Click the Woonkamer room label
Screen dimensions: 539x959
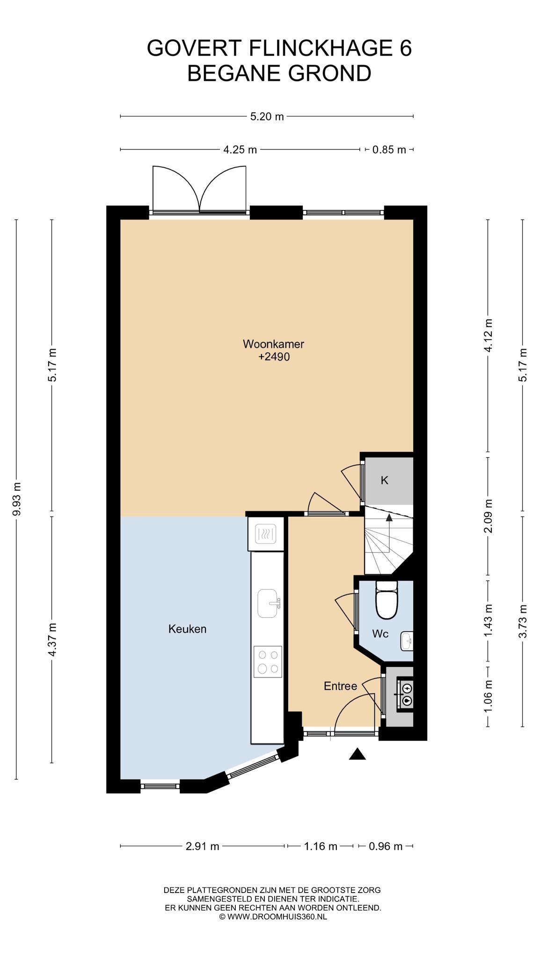(273, 344)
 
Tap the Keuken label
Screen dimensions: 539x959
(187, 629)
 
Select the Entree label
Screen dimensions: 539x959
(340, 686)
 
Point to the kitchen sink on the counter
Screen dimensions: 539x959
(268, 603)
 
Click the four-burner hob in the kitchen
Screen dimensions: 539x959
(268, 661)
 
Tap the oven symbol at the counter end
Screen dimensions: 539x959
(266, 533)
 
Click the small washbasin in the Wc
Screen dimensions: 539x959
(407, 641)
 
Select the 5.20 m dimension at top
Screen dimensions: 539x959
(267, 117)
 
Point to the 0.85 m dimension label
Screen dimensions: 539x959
(389, 150)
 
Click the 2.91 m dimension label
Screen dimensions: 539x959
(203, 846)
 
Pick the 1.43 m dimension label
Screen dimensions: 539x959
(488, 620)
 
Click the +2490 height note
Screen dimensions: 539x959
(274, 357)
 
